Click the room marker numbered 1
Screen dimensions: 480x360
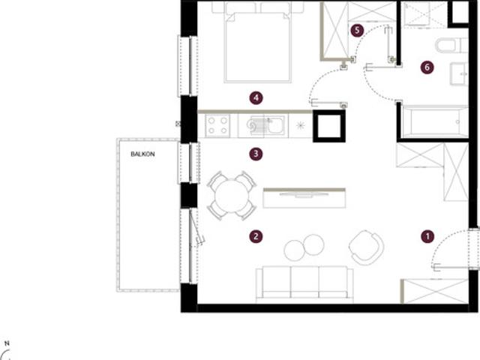[427, 236]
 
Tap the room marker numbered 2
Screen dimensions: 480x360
[256, 236]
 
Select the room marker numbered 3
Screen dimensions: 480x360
[256, 154]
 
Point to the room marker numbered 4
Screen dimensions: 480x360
[256, 98]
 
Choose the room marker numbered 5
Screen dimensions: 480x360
[357, 30]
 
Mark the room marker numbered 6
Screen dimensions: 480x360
[427, 67]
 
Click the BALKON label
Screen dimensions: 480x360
[142, 154]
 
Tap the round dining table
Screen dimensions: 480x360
[232, 196]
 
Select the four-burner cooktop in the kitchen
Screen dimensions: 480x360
[217, 125]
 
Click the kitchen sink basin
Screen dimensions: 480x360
[276, 125]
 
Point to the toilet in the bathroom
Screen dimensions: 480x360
[451, 45]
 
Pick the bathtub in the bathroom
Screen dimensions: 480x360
[435, 121]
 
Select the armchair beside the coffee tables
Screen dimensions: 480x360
[366, 247]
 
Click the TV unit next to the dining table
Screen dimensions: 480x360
[304, 198]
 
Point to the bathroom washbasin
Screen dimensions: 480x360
[459, 73]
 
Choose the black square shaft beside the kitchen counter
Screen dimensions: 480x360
[329, 126]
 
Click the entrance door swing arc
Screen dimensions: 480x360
[445, 241]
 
